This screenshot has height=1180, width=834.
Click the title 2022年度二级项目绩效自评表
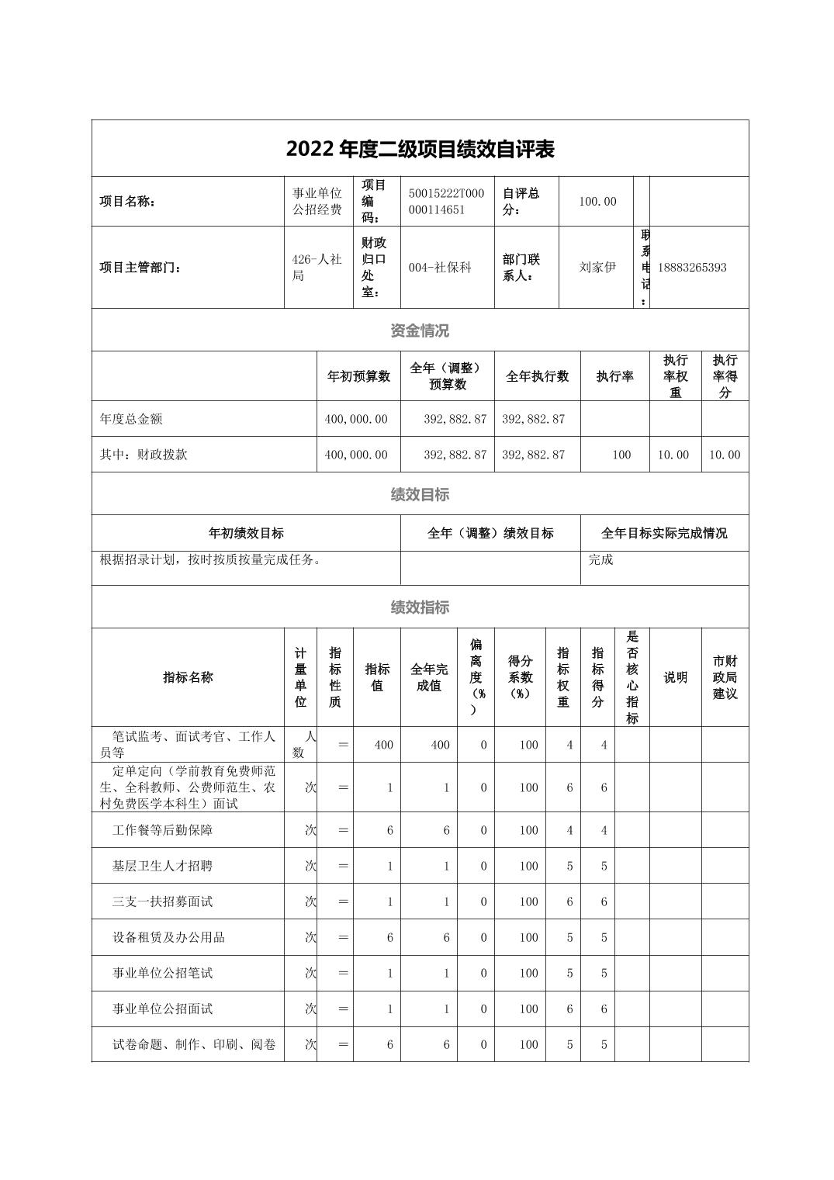tap(420, 149)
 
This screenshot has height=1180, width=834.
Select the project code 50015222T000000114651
tap(446, 202)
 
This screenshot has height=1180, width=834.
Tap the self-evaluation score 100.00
tap(597, 202)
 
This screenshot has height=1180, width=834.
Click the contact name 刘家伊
tap(597, 268)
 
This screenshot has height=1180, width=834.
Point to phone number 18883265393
tap(692, 268)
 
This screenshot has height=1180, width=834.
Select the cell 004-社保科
tap(440, 268)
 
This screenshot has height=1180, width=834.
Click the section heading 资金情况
tap(420, 330)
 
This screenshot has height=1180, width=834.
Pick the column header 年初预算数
tap(358, 376)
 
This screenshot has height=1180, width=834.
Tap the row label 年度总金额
tap(131, 419)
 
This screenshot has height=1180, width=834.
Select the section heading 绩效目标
tap(420, 494)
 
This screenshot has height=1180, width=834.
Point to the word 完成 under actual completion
tap(600, 559)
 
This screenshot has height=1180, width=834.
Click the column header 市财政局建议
tap(725, 677)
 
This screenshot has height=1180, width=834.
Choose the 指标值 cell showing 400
tap(383, 745)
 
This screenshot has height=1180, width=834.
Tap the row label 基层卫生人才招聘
tap(162, 866)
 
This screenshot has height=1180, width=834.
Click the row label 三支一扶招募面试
tap(162, 901)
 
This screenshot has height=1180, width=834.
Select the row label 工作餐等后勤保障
tap(162, 830)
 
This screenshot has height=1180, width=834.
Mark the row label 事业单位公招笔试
tap(162, 973)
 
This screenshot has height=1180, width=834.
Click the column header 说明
tap(675, 677)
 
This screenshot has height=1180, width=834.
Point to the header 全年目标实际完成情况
tap(664, 534)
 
